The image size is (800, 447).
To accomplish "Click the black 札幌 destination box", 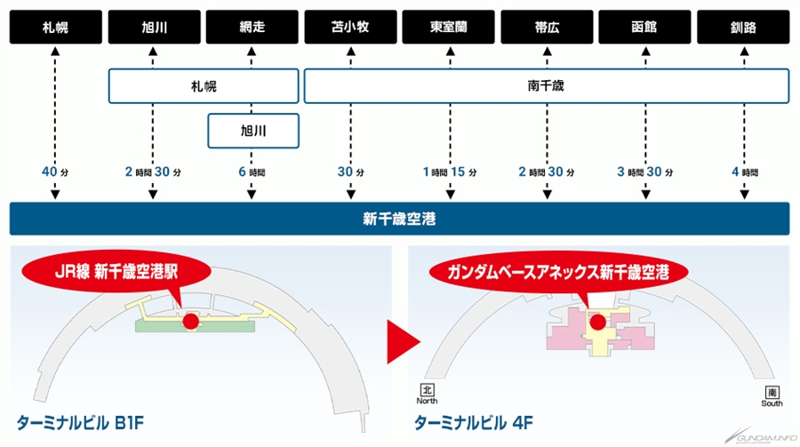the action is point(56,27).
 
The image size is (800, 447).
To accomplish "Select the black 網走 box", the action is point(252,27).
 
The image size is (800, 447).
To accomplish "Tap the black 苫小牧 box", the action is point(350,27).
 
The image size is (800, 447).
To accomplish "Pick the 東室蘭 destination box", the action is point(449,27).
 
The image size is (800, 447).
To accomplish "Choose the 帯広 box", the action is point(547,27).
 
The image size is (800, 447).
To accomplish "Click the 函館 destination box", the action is point(645,27).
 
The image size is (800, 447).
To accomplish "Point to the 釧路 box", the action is point(743,27).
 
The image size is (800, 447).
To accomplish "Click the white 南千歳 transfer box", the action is point(547,86).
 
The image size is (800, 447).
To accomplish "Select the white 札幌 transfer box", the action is point(204,86).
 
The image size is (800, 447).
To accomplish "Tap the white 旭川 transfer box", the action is point(253,132).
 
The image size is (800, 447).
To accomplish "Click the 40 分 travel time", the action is point(55,172).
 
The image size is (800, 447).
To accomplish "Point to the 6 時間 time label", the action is point(252,172).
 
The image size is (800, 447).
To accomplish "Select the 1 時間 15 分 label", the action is point(450,172).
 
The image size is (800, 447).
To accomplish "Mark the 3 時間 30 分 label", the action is point(645,172).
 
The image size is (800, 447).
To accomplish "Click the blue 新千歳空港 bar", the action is point(399,219).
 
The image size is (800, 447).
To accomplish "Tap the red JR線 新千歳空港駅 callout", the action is point(116,271).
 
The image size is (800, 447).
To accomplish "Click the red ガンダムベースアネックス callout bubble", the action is point(558,273).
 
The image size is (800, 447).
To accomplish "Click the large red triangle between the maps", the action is point(403,342).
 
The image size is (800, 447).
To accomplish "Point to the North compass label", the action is point(427,401).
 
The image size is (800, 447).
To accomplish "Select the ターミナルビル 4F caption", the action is point(474,423).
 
